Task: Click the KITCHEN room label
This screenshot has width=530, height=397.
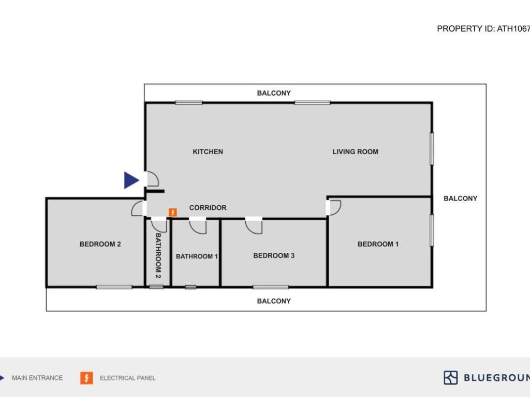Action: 208,151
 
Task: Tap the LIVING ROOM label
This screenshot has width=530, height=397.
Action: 355,151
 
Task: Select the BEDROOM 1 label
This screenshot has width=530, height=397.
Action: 378,244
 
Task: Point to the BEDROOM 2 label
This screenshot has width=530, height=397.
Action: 100,244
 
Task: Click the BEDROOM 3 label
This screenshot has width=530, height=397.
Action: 274,255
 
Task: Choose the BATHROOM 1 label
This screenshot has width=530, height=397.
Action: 197,256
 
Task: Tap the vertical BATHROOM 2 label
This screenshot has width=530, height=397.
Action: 158,256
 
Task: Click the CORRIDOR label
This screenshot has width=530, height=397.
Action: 208,208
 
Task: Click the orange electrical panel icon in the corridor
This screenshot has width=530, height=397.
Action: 173,212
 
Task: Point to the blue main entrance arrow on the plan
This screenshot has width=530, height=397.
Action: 131,180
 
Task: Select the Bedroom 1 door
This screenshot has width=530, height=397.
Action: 334,207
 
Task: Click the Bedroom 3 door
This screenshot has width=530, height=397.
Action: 254,225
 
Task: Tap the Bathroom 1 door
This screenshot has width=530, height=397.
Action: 197,225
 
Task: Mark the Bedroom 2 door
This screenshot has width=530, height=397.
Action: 138,208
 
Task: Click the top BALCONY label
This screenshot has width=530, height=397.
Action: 274,93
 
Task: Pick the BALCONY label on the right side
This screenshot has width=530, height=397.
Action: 460,198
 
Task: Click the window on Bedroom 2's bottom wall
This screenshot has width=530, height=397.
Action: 114,287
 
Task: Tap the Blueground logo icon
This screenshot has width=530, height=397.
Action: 450,377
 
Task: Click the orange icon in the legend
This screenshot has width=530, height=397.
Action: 86,378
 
